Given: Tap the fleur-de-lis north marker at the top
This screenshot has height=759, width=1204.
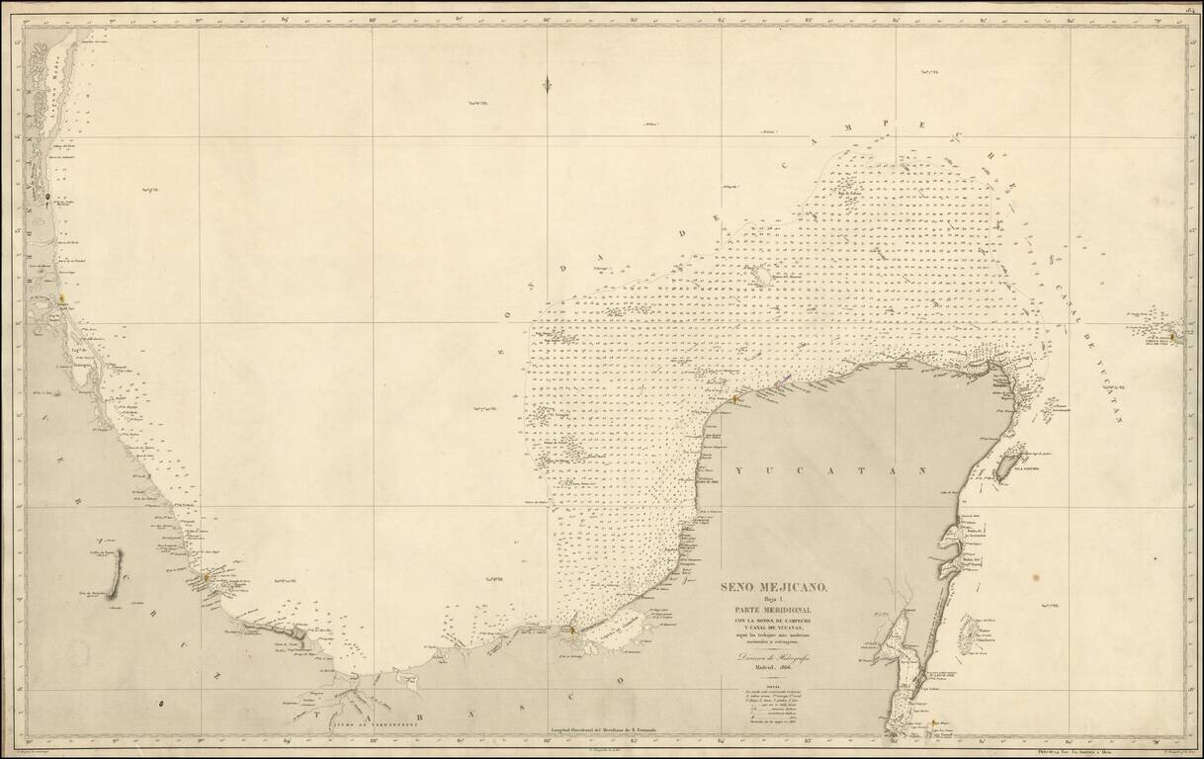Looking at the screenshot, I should point(546,85).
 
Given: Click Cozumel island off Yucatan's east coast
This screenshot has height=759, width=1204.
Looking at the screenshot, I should point(1009,462).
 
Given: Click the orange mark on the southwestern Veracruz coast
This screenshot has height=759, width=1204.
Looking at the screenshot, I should point(207,576).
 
